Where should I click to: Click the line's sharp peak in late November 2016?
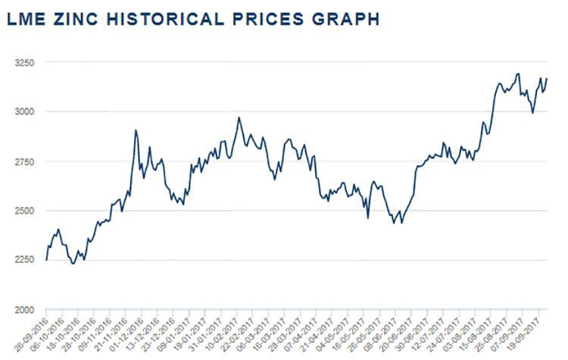(x=136, y=130)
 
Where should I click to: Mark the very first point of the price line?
(x=46, y=260)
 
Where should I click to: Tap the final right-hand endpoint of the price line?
(x=547, y=79)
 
